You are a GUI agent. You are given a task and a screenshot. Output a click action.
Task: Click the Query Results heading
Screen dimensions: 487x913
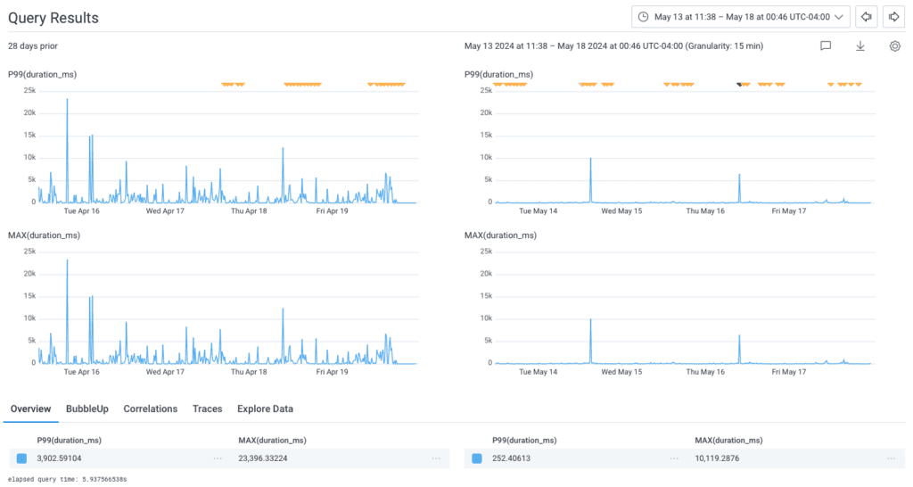coord(53,18)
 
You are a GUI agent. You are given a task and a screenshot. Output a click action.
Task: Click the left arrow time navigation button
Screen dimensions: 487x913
coord(866,17)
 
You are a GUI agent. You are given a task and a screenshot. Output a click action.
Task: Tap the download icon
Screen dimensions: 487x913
coord(860,45)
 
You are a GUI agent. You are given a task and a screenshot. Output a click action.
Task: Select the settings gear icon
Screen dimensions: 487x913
coord(894,45)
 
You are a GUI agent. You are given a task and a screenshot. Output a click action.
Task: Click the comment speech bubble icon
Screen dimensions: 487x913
coord(826,45)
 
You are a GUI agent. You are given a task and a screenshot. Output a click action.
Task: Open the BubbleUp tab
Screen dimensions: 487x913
coord(87,409)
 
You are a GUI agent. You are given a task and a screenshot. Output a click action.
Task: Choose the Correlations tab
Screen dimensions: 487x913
coord(151,409)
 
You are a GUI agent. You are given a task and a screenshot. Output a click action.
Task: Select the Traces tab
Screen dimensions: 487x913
coord(208,409)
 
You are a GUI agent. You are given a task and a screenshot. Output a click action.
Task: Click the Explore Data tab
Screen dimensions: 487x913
coord(265,409)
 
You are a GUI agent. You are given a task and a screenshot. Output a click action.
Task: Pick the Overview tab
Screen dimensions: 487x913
coord(30,409)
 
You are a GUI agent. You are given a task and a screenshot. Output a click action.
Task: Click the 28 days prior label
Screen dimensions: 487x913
coord(34,45)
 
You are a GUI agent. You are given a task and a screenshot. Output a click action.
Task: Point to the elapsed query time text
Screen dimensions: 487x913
coord(67,479)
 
